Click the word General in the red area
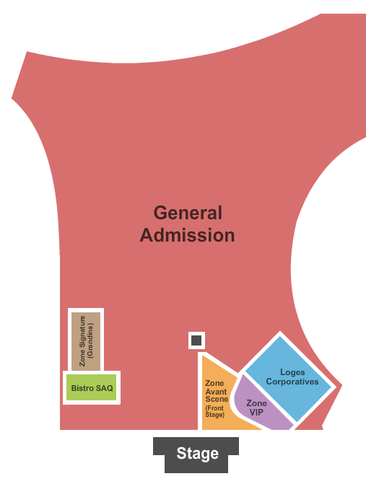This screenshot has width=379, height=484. pyautogui.click(x=188, y=213)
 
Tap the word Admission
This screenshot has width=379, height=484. pyautogui.click(x=187, y=235)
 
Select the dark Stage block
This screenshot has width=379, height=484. pyautogui.click(x=196, y=454)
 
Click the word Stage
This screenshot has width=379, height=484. pyautogui.click(x=197, y=454)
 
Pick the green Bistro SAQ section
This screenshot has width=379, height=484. pyautogui.click(x=92, y=387)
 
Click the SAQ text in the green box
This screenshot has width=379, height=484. pyautogui.click(x=105, y=388)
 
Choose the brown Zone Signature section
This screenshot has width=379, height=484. pyautogui.click(x=86, y=341)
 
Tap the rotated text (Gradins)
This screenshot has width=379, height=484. pyautogui.click(x=90, y=340)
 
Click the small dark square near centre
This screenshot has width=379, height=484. pyautogui.click(x=196, y=340)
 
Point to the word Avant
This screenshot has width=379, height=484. pyautogui.click(x=217, y=392)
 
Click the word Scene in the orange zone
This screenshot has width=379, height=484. pyautogui.click(x=217, y=399)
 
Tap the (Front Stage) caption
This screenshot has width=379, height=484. pyautogui.click(x=214, y=411)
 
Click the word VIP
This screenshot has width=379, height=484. pyautogui.click(x=256, y=413)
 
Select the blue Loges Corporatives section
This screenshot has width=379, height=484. pyautogui.click(x=288, y=379)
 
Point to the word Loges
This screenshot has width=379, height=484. pyautogui.click(x=292, y=373)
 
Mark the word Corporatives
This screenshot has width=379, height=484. pyautogui.click(x=292, y=382)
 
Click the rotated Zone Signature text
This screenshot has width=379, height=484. pyautogui.click(x=82, y=340)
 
